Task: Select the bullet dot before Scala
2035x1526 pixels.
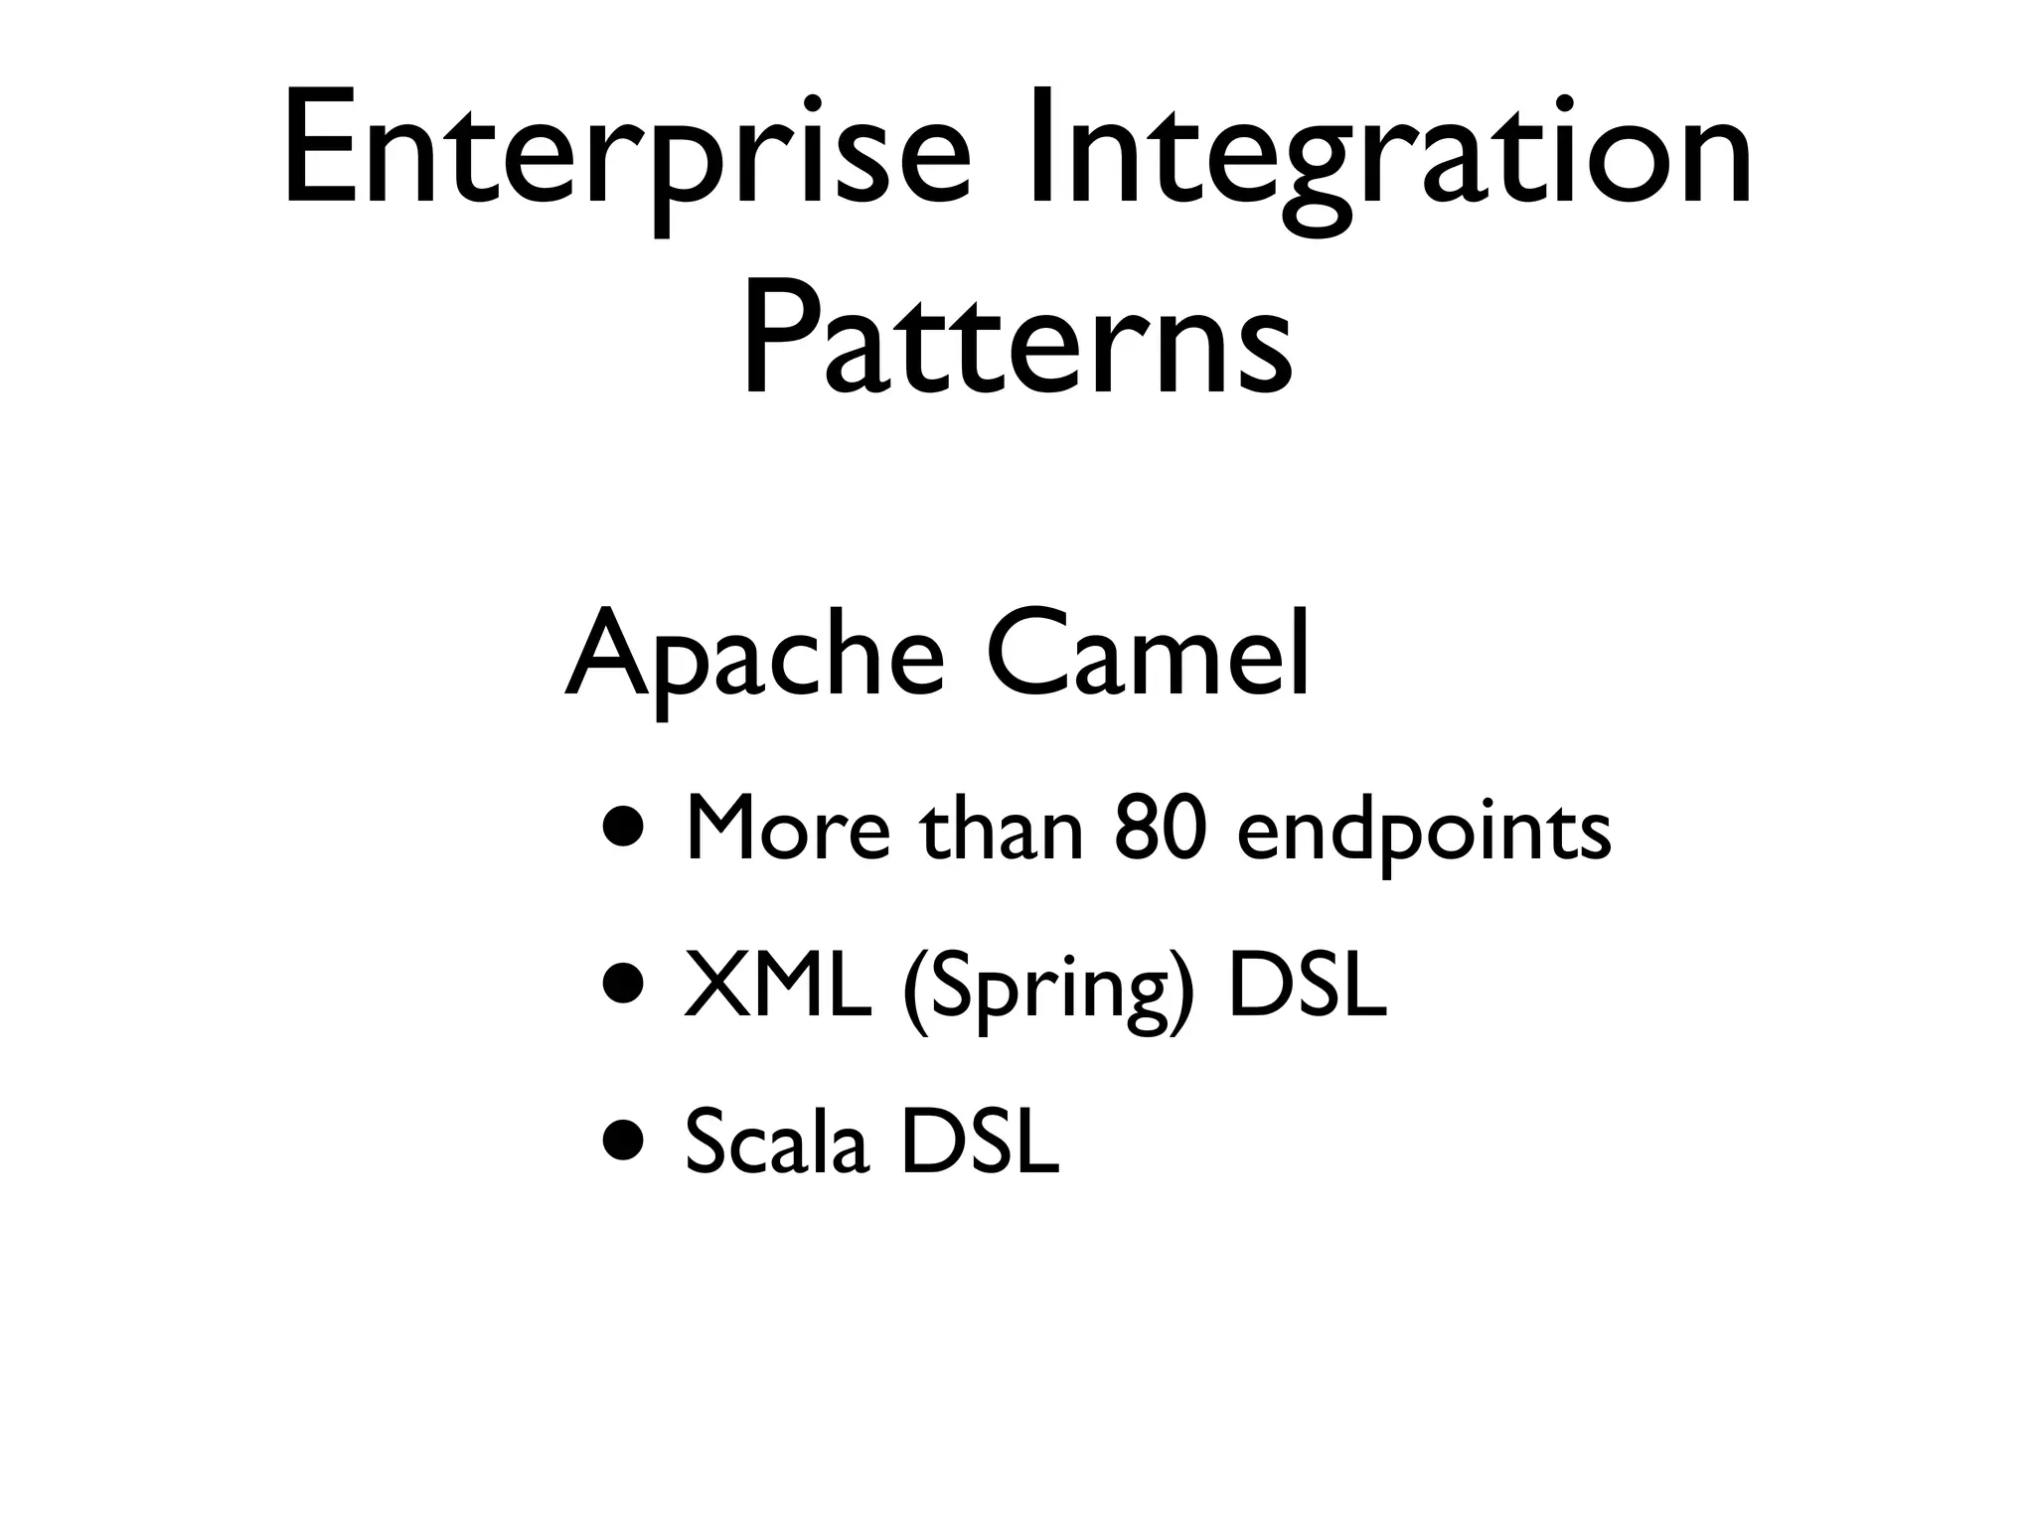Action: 627,1140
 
